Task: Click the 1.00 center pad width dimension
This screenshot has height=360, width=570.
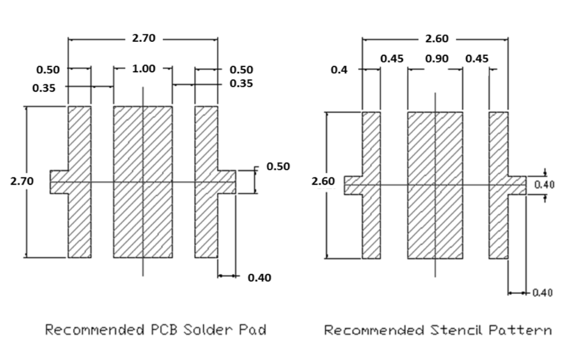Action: (x=144, y=69)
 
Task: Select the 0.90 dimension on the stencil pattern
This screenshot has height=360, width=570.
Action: (x=437, y=59)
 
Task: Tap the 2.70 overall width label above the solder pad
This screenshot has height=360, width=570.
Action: (x=144, y=38)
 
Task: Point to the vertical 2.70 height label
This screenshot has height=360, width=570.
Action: (x=22, y=181)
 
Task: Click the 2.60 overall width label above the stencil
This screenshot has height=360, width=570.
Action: (x=437, y=39)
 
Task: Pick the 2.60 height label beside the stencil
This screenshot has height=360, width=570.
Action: (x=323, y=181)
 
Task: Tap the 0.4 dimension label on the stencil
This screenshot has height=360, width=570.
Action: (x=339, y=70)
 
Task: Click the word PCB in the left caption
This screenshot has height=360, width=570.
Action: (x=164, y=330)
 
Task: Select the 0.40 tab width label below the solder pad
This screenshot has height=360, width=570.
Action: (x=259, y=278)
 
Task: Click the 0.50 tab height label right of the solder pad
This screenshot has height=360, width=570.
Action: (x=278, y=166)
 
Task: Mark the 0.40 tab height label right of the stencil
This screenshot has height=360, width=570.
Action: (x=544, y=185)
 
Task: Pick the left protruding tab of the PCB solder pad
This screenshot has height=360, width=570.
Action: (x=59, y=182)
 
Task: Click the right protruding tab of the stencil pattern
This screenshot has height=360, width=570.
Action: (x=517, y=185)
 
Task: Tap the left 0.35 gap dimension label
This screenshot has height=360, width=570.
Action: (x=44, y=88)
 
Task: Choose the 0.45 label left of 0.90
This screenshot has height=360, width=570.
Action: (x=392, y=59)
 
